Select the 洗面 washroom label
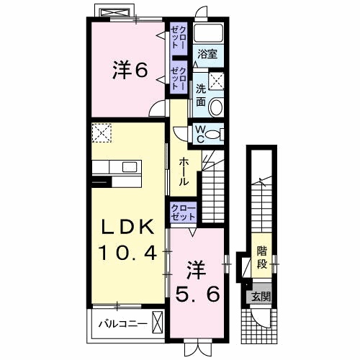coord(201,96)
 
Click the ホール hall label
coord(184,171)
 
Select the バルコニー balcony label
coord(122,323)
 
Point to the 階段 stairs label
coord(264,257)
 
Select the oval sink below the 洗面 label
coord(220,103)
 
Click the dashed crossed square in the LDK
coord(102,134)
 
